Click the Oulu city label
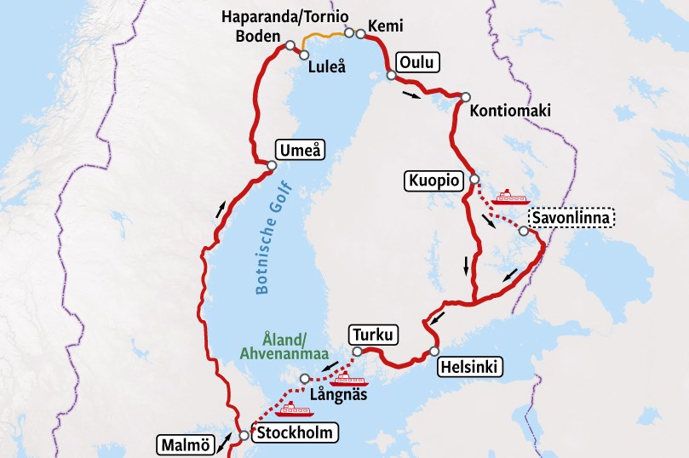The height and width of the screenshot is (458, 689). tap(418, 62)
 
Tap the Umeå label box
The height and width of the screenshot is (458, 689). tap(301, 150)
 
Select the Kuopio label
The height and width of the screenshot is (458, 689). tap(434, 180)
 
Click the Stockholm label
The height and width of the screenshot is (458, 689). tap(292, 432)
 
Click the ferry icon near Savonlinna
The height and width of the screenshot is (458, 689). tap(511, 197)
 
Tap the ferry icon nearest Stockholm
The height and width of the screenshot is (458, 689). tap(290, 409)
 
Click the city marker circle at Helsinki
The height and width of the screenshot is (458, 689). tap(434, 351)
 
